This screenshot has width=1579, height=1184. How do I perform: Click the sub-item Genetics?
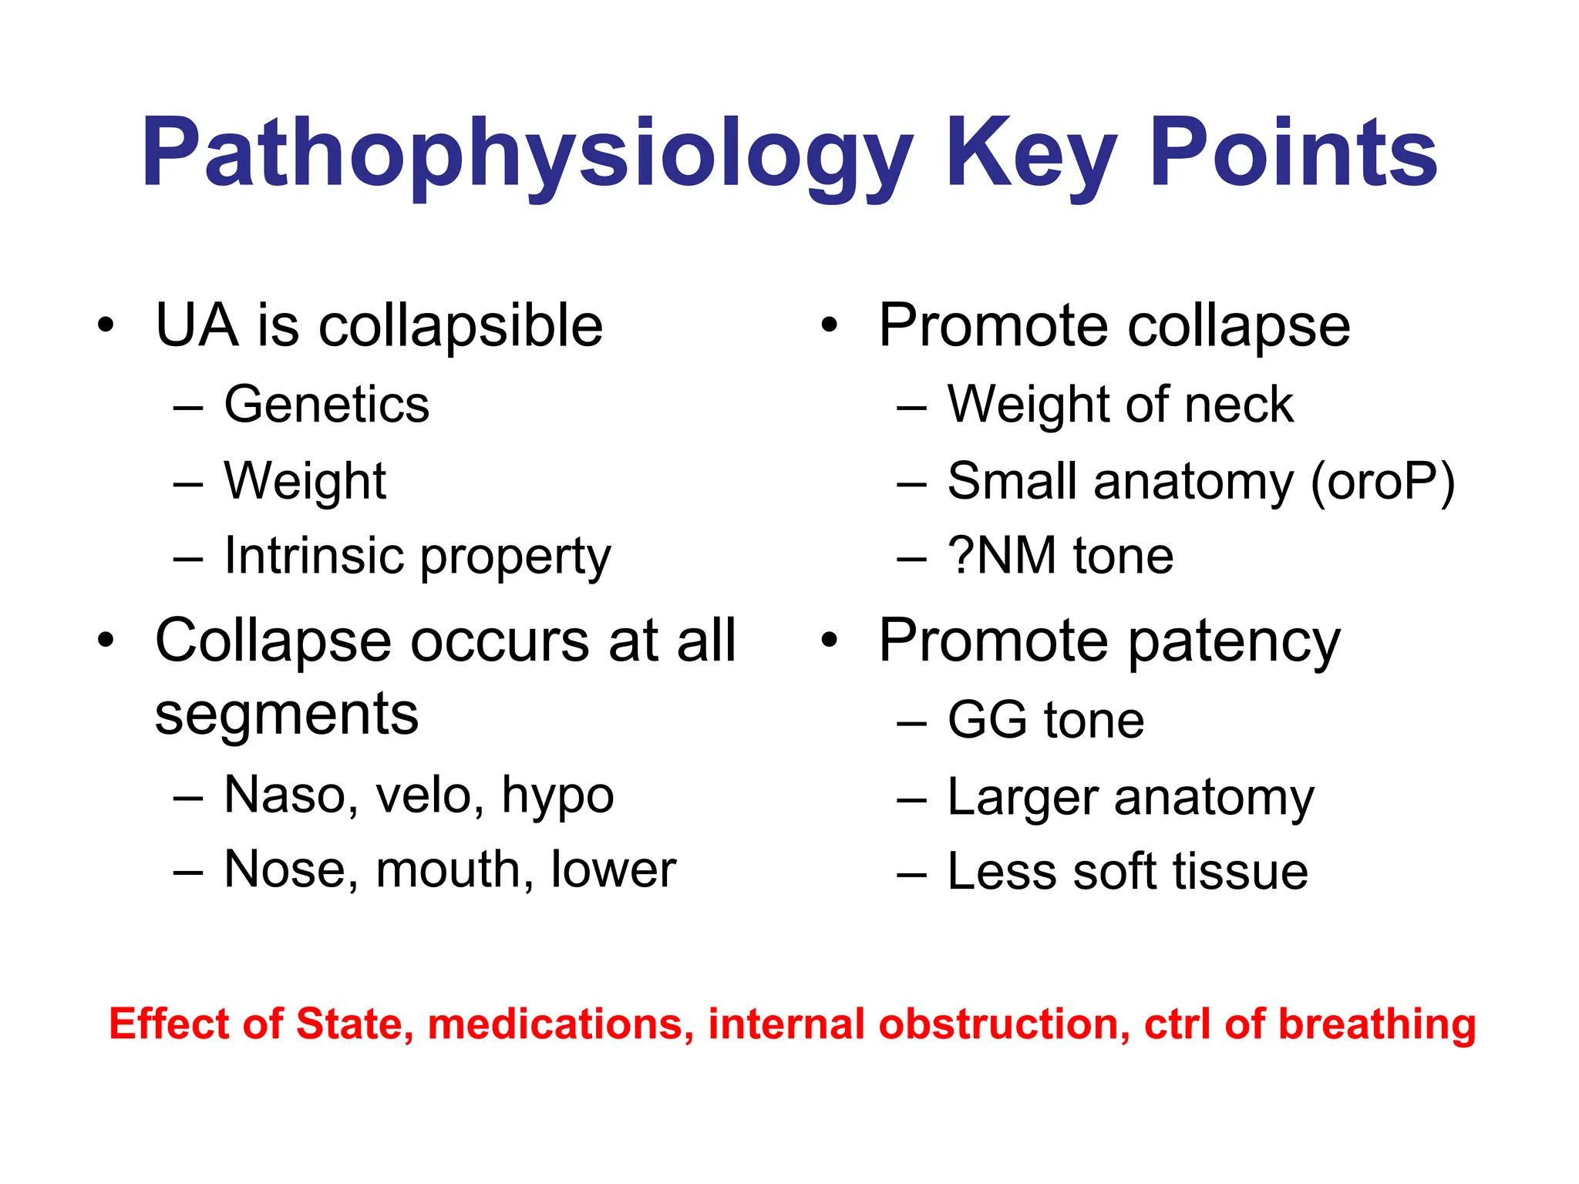click(x=326, y=405)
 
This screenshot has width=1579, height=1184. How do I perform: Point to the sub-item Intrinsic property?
click(x=417, y=557)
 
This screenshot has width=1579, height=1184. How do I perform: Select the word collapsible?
click(x=460, y=327)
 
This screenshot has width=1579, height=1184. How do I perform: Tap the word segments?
click(x=286, y=715)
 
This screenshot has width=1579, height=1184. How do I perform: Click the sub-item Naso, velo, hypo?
click(x=419, y=795)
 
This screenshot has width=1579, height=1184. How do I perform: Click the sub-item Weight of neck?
click(x=1119, y=405)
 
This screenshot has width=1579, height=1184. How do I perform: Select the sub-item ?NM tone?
click(x=1060, y=556)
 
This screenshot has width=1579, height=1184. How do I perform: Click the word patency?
click(x=1234, y=643)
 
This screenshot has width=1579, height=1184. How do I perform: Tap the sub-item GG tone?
click(x=1045, y=720)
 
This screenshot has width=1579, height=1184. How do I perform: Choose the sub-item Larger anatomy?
click(x=1130, y=797)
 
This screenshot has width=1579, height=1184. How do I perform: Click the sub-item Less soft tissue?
click(x=1127, y=871)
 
